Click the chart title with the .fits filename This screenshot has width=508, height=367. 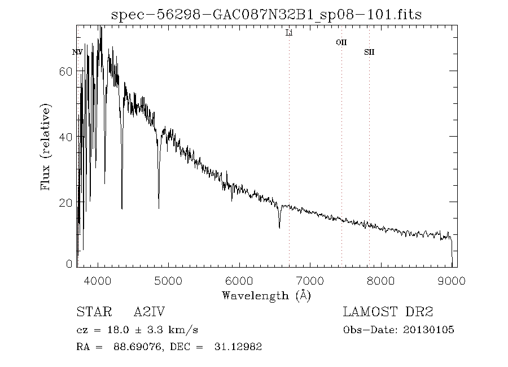tap(266, 14)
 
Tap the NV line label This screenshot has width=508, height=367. tap(78, 53)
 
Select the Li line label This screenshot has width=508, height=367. tap(289, 33)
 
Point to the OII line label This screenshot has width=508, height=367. tap(341, 42)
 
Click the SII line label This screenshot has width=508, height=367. tap(369, 53)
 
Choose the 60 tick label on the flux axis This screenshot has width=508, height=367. tap(65, 72)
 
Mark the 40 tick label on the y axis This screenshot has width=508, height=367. tap(65, 137)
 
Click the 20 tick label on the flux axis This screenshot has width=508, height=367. tap(65, 202)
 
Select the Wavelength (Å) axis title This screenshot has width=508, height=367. tap(266, 295)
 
